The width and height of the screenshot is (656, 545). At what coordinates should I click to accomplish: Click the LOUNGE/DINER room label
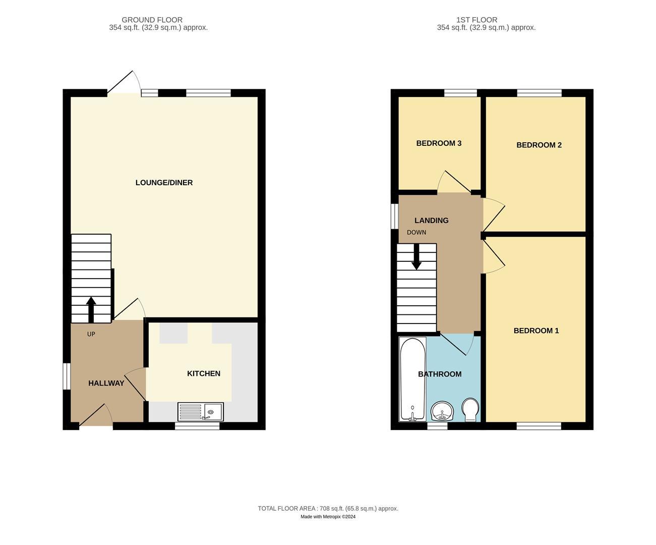tap(164, 183)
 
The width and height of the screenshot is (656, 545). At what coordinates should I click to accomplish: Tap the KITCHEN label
tap(204, 373)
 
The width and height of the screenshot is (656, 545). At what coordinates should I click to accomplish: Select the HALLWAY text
tap(106, 384)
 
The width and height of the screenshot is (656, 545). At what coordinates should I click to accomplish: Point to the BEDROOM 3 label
tap(439, 143)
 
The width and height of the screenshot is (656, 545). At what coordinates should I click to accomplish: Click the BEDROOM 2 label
tap(539, 145)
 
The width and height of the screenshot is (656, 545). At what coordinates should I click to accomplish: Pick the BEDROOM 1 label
tap(536, 331)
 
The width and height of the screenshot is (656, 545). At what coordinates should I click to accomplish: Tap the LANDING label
tap(431, 221)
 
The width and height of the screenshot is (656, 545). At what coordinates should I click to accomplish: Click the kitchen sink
tap(201, 411)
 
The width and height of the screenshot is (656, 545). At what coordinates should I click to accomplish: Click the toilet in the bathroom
tap(470, 409)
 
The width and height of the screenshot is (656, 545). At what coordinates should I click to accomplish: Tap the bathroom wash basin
tap(443, 411)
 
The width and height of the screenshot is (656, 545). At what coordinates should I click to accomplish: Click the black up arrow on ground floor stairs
tap(91, 309)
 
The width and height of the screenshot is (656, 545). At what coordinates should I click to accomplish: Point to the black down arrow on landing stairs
tap(416, 257)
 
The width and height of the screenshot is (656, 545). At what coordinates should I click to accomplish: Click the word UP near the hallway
tap(91, 334)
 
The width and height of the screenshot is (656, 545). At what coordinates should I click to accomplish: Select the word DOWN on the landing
tap(416, 233)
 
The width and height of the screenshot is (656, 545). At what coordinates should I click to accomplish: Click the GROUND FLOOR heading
tap(152, 20)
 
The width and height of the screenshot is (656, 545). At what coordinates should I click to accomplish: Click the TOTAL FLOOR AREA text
tap(328, 509)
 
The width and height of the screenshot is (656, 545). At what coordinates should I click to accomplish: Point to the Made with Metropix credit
tap(328, 517)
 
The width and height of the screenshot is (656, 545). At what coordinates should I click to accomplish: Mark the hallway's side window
tap(66, 376)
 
